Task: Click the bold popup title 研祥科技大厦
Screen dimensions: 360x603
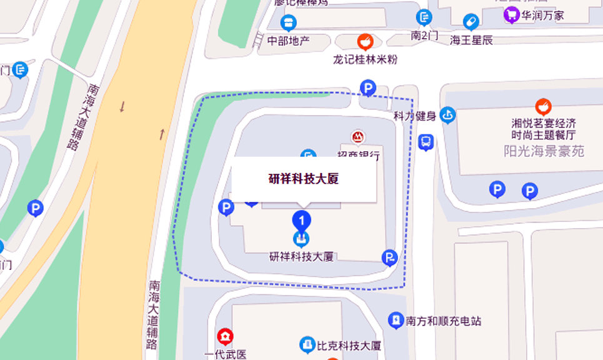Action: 304,179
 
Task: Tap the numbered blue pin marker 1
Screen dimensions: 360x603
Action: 302,220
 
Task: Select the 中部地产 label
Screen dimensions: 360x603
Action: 288,41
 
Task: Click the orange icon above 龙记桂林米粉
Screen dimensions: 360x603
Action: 365,42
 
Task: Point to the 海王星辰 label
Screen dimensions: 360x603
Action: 472,40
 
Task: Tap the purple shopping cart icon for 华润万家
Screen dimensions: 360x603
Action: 512,15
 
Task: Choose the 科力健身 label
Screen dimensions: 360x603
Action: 414,116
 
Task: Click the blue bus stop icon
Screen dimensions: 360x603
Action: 426,142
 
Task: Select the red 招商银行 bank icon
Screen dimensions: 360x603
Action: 357,137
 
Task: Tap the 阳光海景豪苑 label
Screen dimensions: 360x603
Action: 544,151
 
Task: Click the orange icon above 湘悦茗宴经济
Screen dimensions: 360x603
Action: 543,106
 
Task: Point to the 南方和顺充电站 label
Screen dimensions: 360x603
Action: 444,321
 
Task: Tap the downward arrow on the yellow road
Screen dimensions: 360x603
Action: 122,107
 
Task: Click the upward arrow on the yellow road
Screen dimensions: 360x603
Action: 161,133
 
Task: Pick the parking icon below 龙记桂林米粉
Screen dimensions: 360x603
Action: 368,88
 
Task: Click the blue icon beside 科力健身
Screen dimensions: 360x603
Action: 447,116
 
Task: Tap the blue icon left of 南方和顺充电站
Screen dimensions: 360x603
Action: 395,321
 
